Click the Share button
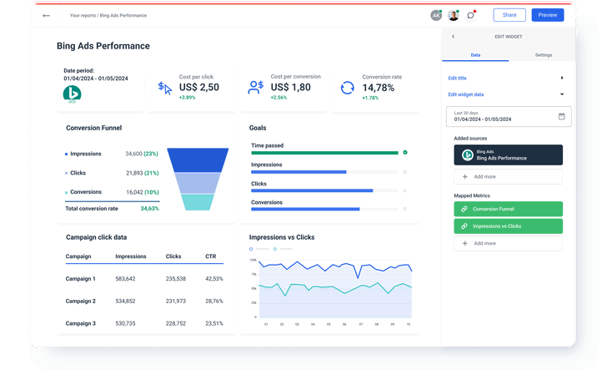pos(509,15)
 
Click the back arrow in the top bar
pos(46,15)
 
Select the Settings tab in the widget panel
pos(543,55)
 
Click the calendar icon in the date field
pos(561,116)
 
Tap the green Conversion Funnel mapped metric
pos(508,209)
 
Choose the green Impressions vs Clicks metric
pos(508,226)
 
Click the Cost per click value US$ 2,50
pos(198,87)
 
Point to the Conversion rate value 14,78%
pos(379,87)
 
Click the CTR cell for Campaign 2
pos(214,301)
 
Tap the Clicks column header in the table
pos(173,256)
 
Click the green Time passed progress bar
pos(324,153)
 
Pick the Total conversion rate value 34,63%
pos(150,208)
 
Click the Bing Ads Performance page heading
pos(103,46)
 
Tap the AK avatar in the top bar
pos(436,15)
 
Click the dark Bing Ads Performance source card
pos(508,155)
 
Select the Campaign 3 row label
pos(81,323)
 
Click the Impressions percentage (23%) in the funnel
pos(151,154)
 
